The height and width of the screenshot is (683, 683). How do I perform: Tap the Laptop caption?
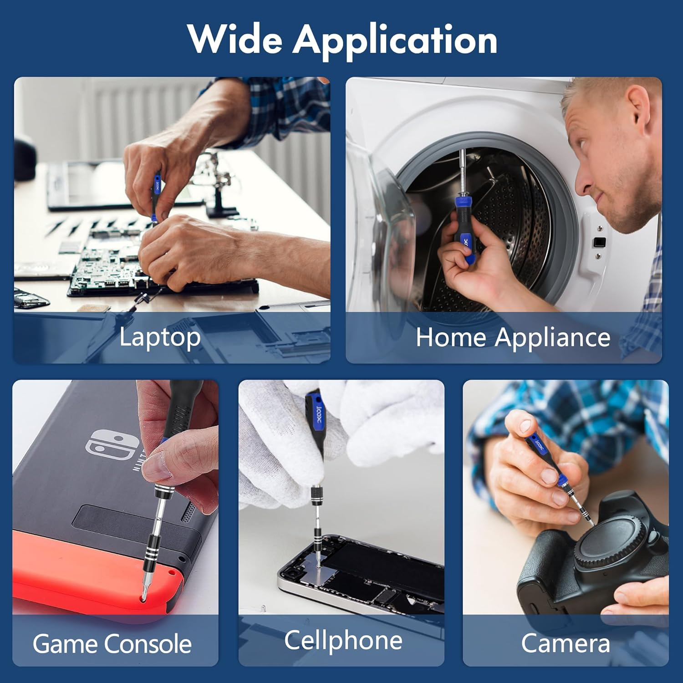(160, 338)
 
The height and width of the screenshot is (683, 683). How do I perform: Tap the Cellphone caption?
(343, 640)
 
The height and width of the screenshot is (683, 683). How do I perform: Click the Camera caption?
(565, 643)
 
